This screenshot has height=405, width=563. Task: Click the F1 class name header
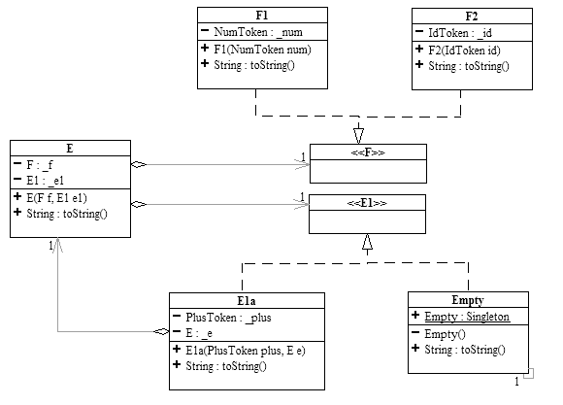[262, 16]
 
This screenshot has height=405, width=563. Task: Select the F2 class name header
[472, 17]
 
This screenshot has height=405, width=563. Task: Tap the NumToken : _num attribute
[258, 32]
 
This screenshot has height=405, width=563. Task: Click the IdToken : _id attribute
[460, 33]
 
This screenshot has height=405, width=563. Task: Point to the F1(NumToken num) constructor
[262, 50]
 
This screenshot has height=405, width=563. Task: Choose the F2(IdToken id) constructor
[464, 51]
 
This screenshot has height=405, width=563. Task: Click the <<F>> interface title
[368, 152]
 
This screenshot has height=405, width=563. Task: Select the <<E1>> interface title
[367, 203]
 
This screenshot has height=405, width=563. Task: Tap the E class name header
[70, 149]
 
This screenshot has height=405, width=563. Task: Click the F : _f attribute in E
[40, 165]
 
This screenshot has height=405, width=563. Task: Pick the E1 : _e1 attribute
[46, 181]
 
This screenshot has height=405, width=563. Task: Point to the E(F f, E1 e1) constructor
[56, 198]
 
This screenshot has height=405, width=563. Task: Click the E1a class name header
[247, 301]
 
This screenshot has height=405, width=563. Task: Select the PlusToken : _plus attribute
[228, 318]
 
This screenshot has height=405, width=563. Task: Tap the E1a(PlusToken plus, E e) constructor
[246, 351]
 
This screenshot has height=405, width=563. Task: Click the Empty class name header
[468, 300]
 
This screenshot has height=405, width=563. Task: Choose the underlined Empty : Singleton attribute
[467, 317]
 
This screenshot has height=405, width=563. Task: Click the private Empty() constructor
[445, 334]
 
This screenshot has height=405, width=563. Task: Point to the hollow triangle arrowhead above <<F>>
[358, 136]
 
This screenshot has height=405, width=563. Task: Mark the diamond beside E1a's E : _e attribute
[161, 331]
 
